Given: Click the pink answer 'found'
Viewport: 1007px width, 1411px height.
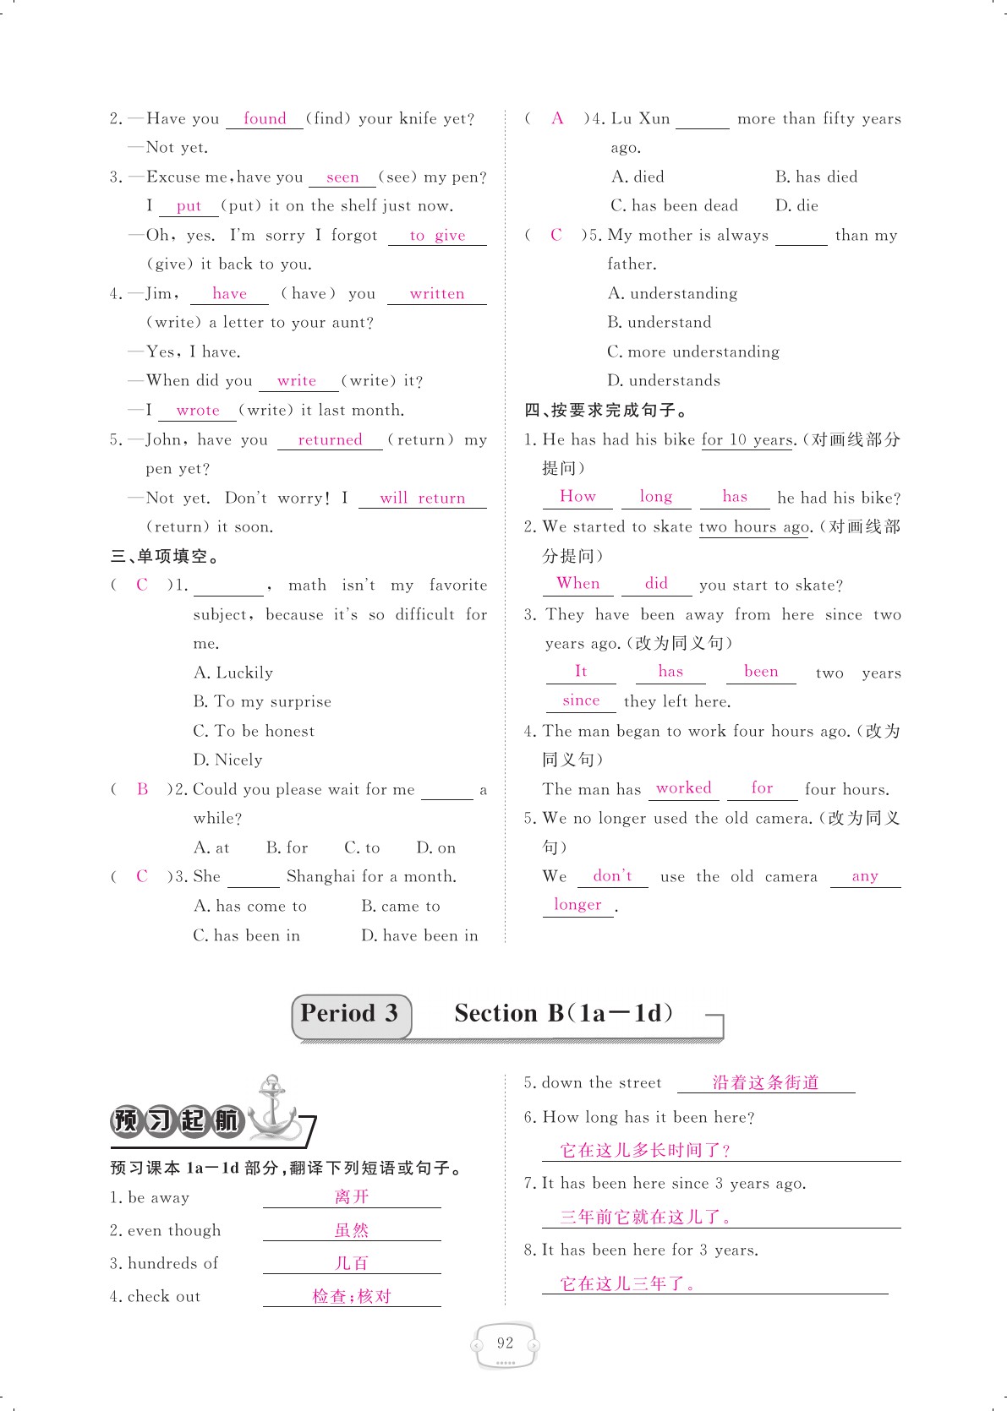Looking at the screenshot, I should [x=265, y=119].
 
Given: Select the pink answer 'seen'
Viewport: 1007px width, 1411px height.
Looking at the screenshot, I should [x=342, y=177].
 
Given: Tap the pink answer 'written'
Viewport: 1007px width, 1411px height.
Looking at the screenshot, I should [x=436, y=294].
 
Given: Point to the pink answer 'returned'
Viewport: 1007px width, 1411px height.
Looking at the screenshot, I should [x=330, y=440].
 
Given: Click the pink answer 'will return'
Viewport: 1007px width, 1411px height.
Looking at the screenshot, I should [x=422, y=498].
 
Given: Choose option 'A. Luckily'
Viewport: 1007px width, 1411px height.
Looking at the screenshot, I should [x=233, y=673].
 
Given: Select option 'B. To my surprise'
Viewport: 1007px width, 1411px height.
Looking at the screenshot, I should [x=262, y=702].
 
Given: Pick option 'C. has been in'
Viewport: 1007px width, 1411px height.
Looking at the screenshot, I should [x=246, y=936].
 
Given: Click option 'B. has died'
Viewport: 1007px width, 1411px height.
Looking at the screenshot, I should [x=816, y=177].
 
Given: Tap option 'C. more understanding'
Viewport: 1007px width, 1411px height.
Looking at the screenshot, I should [x=693, y=352].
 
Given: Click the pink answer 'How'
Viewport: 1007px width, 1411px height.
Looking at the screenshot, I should [x=577, y=497].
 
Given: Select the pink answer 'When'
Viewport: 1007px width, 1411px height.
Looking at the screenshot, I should [x=578, y=584].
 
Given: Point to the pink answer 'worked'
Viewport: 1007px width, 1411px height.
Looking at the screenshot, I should [x=683, y=788].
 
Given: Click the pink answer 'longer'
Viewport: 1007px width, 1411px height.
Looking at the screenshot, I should [x=577, y=905].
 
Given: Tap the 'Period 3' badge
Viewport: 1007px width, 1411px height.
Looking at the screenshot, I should [x=350, y=1015].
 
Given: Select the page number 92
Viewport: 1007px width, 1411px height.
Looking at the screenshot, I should [x=505, y=1343].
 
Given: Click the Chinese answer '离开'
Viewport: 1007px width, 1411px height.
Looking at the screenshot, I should [x=352, y=1197].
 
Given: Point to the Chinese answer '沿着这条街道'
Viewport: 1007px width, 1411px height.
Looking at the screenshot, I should [x=765, y=1083].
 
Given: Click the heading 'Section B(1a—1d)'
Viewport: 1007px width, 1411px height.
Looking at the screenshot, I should [x=564, y=1014].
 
